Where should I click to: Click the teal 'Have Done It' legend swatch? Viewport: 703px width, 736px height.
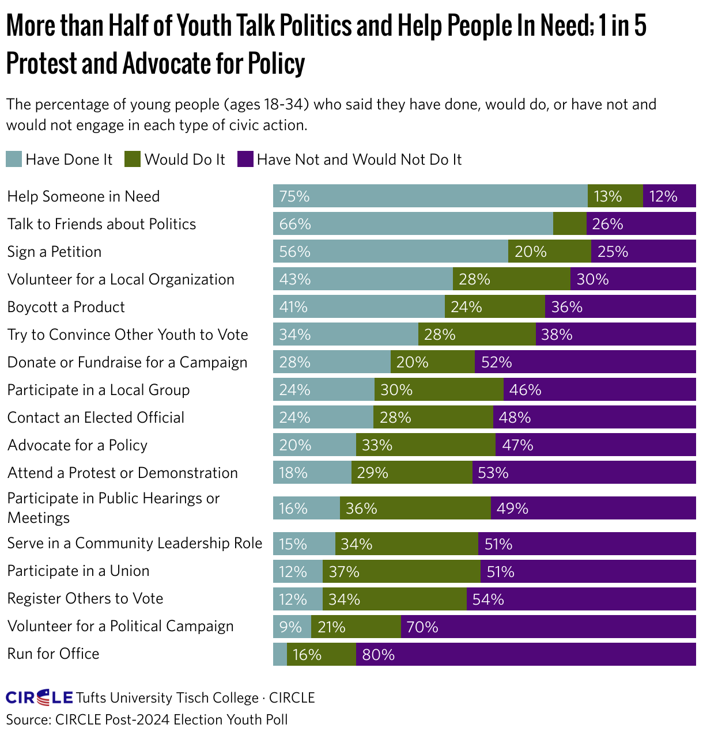(14, 160)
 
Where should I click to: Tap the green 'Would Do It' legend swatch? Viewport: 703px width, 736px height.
(133, 160)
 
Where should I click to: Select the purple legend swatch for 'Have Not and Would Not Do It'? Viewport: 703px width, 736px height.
(245, 160)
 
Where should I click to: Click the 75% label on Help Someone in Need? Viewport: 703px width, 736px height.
(294, 196)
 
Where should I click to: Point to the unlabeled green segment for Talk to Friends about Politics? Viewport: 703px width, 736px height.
(569, 223)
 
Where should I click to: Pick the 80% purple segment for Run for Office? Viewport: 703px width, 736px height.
(526, 654)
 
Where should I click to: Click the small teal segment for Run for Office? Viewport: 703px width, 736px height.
(279, 654)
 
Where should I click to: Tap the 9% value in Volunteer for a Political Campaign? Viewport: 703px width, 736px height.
(290, 627)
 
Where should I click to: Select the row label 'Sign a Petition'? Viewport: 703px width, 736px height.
(54, 252)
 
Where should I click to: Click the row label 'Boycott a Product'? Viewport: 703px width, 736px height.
(66, 307)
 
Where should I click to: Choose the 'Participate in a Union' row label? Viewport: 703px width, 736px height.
(78, 571)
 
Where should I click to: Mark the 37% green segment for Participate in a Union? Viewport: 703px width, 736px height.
(401, 571)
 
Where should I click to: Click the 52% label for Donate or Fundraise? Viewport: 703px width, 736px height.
(496, 362)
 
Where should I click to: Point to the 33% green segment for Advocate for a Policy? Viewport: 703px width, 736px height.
(425, 445)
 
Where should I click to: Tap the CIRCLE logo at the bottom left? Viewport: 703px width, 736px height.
(39, 698)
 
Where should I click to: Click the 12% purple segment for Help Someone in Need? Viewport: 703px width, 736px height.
(669, 196)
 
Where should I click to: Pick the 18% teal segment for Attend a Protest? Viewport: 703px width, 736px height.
(312, 473)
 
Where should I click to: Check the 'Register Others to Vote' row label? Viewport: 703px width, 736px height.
(85, 598)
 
